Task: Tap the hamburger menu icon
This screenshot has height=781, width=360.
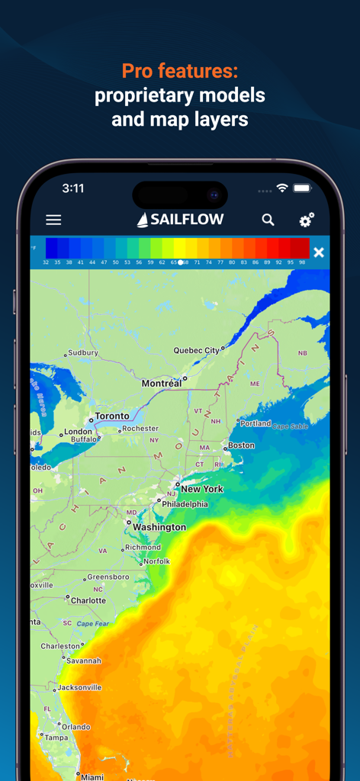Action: point(53,220)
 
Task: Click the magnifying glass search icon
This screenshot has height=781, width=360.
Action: point(268,220)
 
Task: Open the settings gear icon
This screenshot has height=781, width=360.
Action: point(307,220)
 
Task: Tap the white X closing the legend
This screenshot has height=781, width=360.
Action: point(319,252)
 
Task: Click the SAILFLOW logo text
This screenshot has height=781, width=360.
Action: point(181,220)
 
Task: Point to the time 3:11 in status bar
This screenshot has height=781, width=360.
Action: point(73,188)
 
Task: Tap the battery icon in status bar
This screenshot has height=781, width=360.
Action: point(303,188)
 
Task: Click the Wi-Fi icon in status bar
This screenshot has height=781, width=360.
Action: point(282,188)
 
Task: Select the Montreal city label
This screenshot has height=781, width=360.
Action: point(162,383)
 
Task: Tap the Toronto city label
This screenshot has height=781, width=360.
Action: point(111,416)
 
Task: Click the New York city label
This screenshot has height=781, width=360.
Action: point(202,489)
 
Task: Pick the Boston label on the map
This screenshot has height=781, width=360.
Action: point(241,445)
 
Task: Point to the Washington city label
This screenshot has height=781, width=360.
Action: point(159,527)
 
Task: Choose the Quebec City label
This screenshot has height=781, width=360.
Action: point(196,351)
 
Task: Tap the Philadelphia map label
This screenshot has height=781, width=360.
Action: point(185,504)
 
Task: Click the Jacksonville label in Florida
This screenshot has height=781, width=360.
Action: point(79,687)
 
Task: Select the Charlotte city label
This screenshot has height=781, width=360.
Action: point(88,600)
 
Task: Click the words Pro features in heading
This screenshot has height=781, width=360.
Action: point(180,72)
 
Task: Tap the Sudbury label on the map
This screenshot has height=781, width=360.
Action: point(83,353)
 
